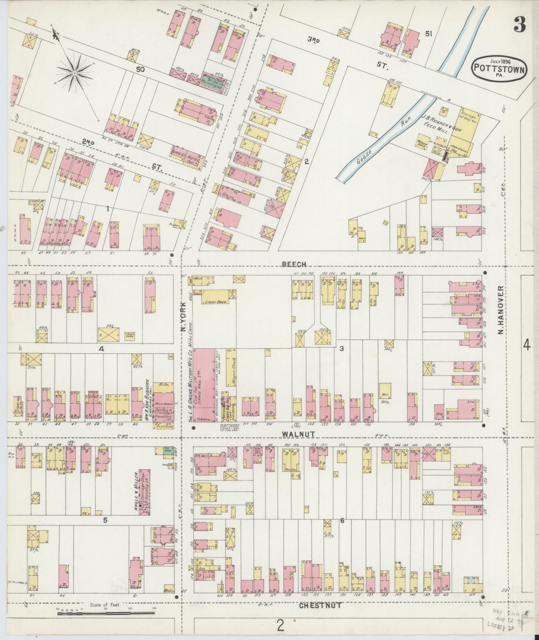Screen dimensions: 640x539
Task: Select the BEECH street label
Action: pos(294,264)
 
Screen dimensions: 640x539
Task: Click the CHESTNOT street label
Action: pos(320,605)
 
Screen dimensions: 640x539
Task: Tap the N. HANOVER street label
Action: pos(501,311)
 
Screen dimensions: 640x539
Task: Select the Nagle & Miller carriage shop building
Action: pos(145,493)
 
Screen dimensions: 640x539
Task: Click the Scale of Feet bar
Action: pos(106,613)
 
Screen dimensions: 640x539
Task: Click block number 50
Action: pos(140,69)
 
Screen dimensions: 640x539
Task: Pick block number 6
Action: pos(342,521)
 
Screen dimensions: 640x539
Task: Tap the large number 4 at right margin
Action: pos(526,346)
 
